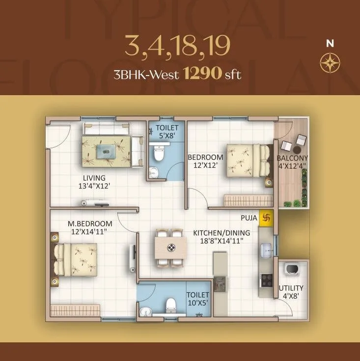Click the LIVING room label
coord(94,178)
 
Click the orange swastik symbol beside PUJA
coord(267,216)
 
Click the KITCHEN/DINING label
coord(222,232)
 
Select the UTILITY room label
coord(291,288)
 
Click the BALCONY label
coord(292,158)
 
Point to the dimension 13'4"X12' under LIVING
coord(94,186)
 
